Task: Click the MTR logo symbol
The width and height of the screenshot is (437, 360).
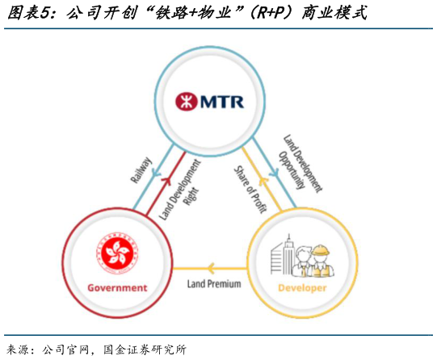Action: pyautogui.click(x=185, y=103)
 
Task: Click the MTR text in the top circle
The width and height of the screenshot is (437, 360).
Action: pyautogui.click(x=219, y=103)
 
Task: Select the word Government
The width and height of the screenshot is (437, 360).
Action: pyautogui.click(x=117, y=287)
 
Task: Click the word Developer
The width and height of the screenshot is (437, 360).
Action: pyautogui.click(x=302, y=287)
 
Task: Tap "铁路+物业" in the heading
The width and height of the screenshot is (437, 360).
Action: pyautogui.click(x=191, y=13)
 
